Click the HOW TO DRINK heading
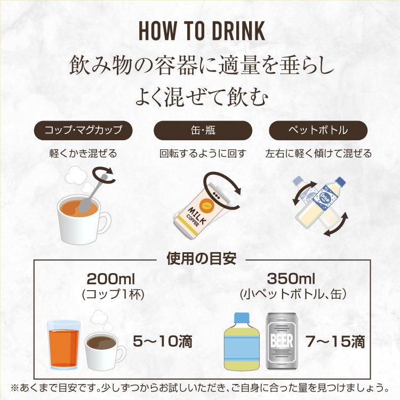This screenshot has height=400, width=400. click(202, 30)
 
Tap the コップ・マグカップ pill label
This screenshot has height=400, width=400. click(83, 130)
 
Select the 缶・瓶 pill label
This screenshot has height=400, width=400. click(203, 130)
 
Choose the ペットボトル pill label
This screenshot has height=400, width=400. click(318, 130)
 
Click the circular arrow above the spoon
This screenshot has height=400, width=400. click(104, 175)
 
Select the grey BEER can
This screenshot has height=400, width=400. click(282, 341)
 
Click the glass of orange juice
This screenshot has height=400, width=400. click(64, 345)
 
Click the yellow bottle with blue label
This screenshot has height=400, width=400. click(242, 342)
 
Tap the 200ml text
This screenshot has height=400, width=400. click(110, 279)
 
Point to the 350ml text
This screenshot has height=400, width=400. click(291, 278)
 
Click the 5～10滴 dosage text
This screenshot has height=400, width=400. click(163, 341)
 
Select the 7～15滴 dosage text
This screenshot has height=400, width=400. click(335, 341)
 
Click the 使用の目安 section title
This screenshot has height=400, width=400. click(202, 259)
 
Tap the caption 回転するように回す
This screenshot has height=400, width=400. click(203, 154)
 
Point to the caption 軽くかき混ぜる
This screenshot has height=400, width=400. click(83, 154)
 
